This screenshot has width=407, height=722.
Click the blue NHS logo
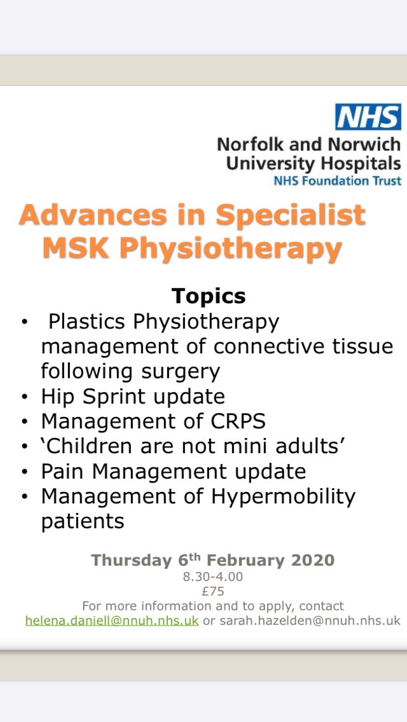[x=368, y=118]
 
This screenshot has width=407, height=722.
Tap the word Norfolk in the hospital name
[x=249, y=144]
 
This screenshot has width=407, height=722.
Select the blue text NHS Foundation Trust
[x=337, y=180]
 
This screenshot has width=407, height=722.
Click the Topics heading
[x=208, y=296]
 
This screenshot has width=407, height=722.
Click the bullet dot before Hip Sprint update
[x=24, y=397]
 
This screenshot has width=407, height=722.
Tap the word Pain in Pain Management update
[x=64, y=471]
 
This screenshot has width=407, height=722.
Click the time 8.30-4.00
[x=213, y=577]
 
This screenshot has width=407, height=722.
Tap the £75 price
[x=213, y=591]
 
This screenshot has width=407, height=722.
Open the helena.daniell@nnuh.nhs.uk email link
[x=112, y=620]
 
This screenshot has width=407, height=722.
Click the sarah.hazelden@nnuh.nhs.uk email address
[x=310, y=620]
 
